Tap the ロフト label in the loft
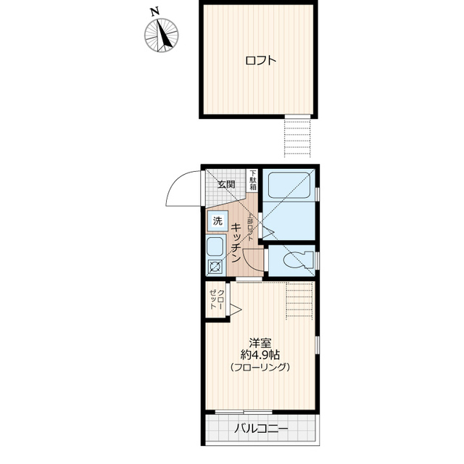(260, 61)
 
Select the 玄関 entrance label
(225, 185)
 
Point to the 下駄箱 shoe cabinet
(252, 179)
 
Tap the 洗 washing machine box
(217, 220)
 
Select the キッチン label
(236, 241)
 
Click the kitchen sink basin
(216, 246)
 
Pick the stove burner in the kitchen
(216, 268)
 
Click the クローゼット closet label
(216, 298)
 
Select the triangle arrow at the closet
(234, 310)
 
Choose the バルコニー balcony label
(261, 429)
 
